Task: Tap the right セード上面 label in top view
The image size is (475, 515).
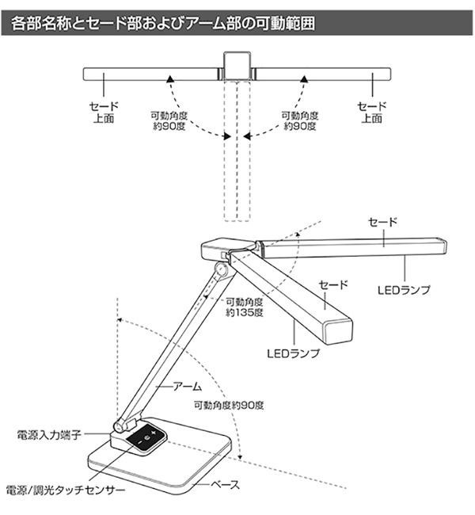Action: tap(373, 112)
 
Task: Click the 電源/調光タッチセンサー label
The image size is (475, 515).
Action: tap(65, 490)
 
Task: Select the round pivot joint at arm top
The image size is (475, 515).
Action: tap(222, 269)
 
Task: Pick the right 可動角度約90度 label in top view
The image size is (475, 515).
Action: tap(301, 120)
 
